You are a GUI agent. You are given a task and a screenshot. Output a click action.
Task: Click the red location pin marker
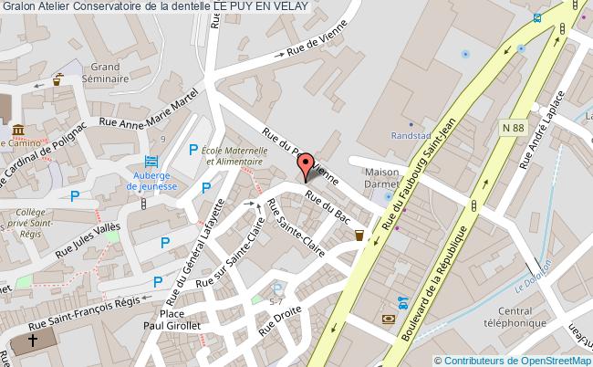(x=305, y=167)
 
